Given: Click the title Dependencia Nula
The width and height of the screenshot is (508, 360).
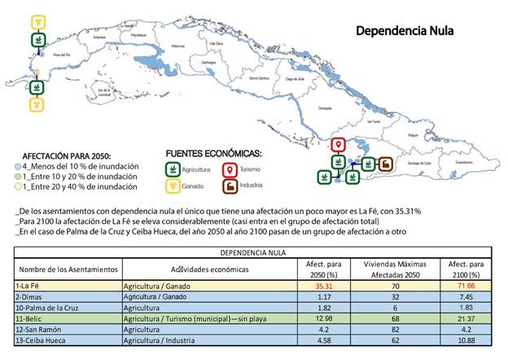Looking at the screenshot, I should click(x=405, y=31).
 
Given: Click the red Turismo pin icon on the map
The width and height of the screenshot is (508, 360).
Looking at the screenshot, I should click(x=339, y=147).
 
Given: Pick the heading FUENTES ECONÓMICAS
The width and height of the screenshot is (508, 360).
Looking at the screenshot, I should click(x=214, y=153).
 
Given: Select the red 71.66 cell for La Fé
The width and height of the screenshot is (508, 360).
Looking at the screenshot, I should click(x=466, y=287).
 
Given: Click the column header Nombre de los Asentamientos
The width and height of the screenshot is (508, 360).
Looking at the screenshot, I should click(x=68, y=269).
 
